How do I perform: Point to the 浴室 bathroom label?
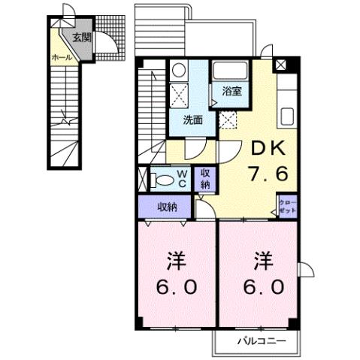[231, 92]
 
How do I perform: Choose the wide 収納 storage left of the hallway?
[167, 206]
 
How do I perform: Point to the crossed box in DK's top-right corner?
[280, 65]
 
